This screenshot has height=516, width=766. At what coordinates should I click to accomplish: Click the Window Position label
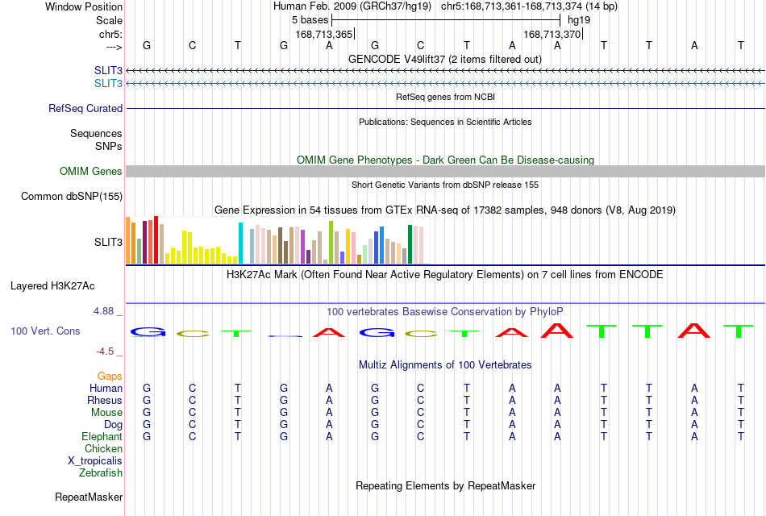point(84,6)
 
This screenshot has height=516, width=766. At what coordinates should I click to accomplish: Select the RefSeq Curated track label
point(85,109)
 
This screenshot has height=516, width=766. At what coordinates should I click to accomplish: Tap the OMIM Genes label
point(91,171)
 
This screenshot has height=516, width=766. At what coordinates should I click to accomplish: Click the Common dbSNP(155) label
point(72,197)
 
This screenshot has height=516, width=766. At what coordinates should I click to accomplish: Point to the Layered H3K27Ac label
point(52,286)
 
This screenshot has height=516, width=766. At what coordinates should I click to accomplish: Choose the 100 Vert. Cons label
point(45,331)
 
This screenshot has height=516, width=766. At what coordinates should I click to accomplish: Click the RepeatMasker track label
point(89,497)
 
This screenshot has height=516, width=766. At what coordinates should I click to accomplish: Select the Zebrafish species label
point(101,473)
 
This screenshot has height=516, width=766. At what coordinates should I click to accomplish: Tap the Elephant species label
point(102,437)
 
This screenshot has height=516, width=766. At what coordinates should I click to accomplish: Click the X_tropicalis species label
point(95,461)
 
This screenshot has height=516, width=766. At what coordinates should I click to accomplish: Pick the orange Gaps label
point(110,376)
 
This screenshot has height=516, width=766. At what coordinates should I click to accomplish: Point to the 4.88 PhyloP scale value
point(103,311)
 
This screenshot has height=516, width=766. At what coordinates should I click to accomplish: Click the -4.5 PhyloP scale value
point(105,352)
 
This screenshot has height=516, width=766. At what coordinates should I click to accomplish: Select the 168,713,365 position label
point(324,34)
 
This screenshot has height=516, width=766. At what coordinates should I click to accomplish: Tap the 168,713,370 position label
point(552,34)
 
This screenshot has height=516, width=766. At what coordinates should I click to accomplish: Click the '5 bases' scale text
point(310,20)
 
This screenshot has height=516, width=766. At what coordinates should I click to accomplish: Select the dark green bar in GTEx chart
point(410,244)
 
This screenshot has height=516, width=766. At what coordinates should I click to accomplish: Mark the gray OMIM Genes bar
point(446,171)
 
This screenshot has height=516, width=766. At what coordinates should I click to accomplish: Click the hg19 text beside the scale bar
point(579,20)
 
